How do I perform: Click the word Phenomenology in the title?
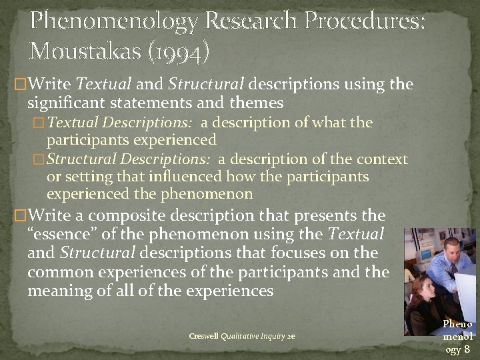[114, 23]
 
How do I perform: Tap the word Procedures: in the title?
[365, 23]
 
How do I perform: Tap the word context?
[381, 160]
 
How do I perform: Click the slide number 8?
[467, 350]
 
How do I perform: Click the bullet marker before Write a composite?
[20, 216]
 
